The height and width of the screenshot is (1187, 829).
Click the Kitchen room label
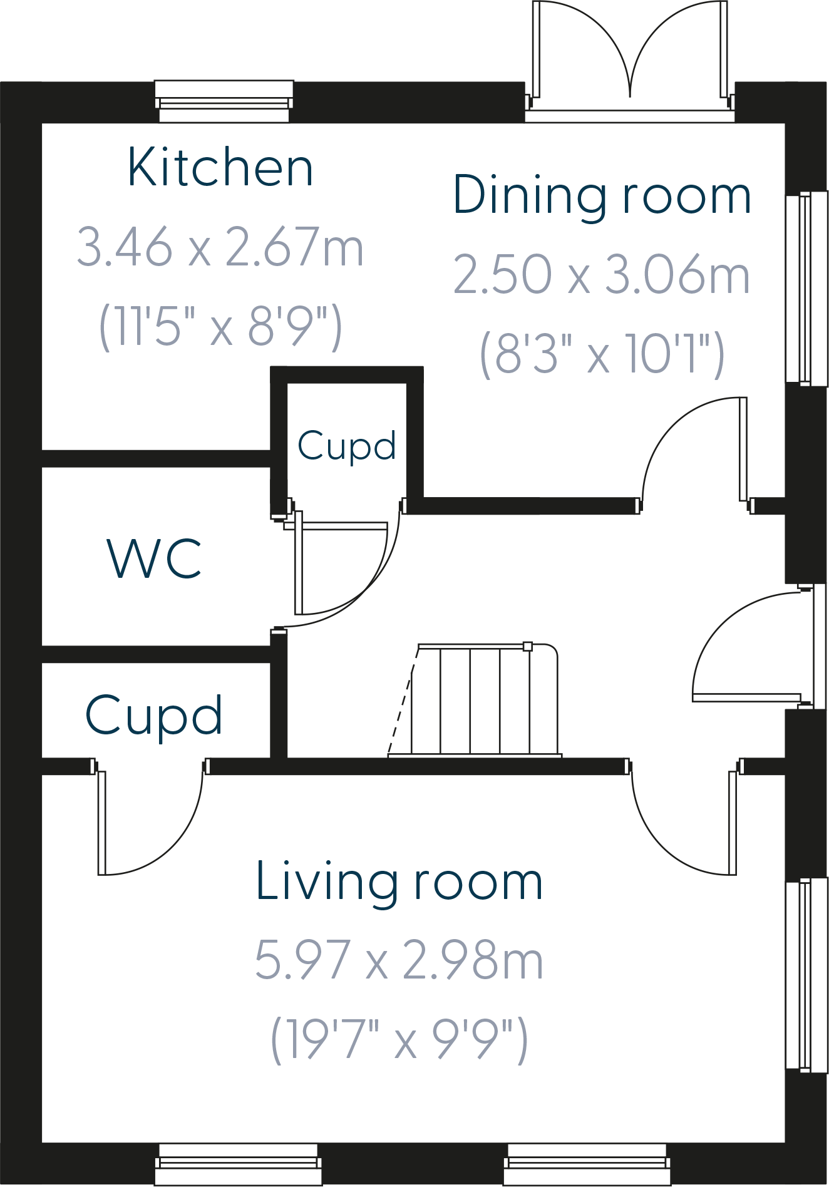[x=220, y=168]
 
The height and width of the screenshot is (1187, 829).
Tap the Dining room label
[x=601, y=196]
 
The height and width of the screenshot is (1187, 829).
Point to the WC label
[x=154, y=558]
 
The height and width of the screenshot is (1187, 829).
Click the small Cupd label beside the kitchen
[x=346, y=446]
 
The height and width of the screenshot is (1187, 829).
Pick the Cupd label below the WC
[x=154, y=715]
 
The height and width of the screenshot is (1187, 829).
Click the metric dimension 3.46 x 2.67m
[x=220, y=247]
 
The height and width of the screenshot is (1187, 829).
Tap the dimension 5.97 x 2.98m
[x=399, y=960]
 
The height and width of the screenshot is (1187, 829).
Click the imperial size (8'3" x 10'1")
[x=601, y=354]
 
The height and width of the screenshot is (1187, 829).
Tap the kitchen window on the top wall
[x=224, y=101]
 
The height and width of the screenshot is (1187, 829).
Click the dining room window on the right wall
[x=807, y=288]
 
